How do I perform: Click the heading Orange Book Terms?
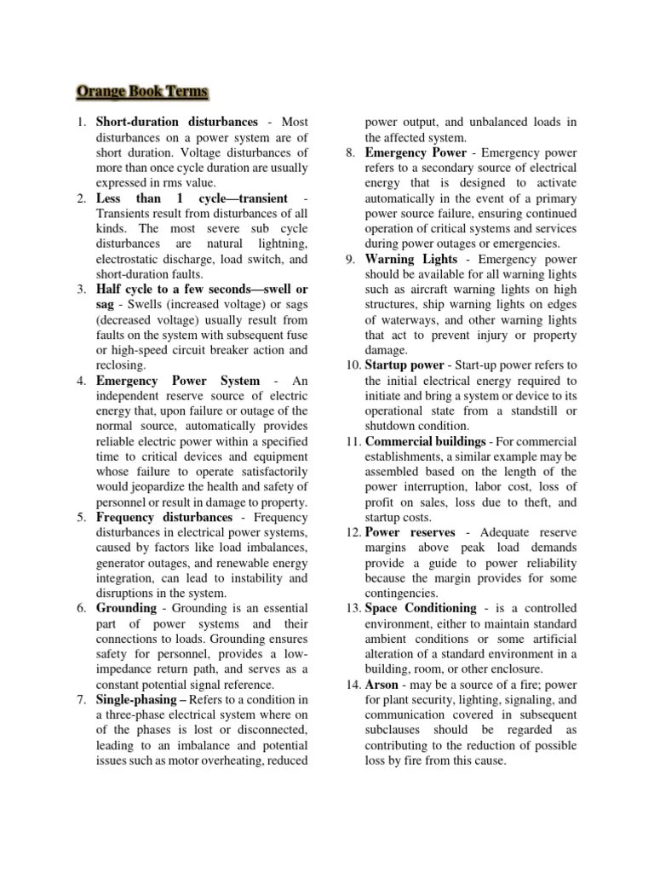(x=142, y=91)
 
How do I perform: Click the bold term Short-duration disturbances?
(x=177, y=122)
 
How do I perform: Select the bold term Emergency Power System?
(x=178, y=381)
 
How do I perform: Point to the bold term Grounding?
(x=127, y=608)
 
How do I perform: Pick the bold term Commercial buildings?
(x=426, y=441)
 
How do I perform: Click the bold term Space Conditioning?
(x=421, y=608)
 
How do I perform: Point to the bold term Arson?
(x=381, y=684)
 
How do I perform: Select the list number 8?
(x=351, y=152)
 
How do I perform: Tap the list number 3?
(x=81, y=290)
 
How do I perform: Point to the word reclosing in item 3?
(x=122, y=365)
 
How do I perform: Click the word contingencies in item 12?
(x=403, y=593)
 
